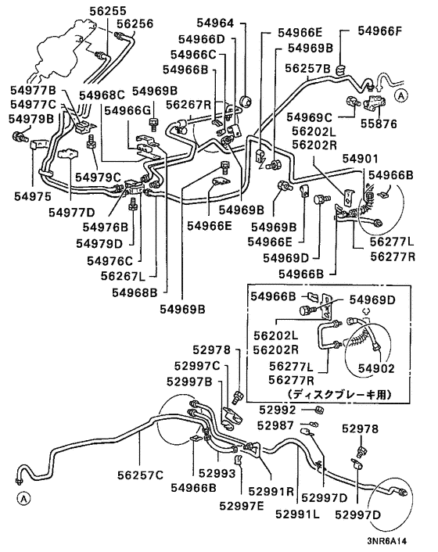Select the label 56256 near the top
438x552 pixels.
pos(134,24)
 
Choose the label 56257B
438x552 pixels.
pos(308,68)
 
